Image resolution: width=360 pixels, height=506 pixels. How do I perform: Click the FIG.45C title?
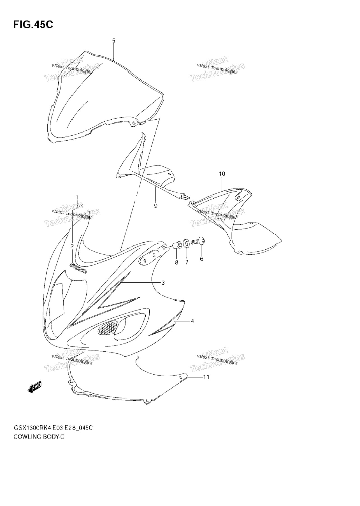point(33,25)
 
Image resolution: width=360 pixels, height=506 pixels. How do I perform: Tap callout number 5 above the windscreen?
point(113,41)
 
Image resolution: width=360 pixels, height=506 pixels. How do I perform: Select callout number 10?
point(222,174)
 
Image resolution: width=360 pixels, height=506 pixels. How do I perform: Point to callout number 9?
point(156,206)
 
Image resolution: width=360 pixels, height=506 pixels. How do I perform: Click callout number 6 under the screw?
point(201,259)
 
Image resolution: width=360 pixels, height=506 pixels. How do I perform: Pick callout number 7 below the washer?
point(187,262)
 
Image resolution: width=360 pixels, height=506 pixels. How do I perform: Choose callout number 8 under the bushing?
point(176,262)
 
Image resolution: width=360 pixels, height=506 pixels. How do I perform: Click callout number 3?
point(163,283)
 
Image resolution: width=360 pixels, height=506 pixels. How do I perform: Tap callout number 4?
point(192,321)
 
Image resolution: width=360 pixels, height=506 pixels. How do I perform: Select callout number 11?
point(206,377)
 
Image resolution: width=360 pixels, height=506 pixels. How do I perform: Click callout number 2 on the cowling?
point(72,246)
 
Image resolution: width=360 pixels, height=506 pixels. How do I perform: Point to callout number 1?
point(77,198)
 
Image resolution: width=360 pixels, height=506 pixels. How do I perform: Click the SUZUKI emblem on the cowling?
point(79,268)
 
